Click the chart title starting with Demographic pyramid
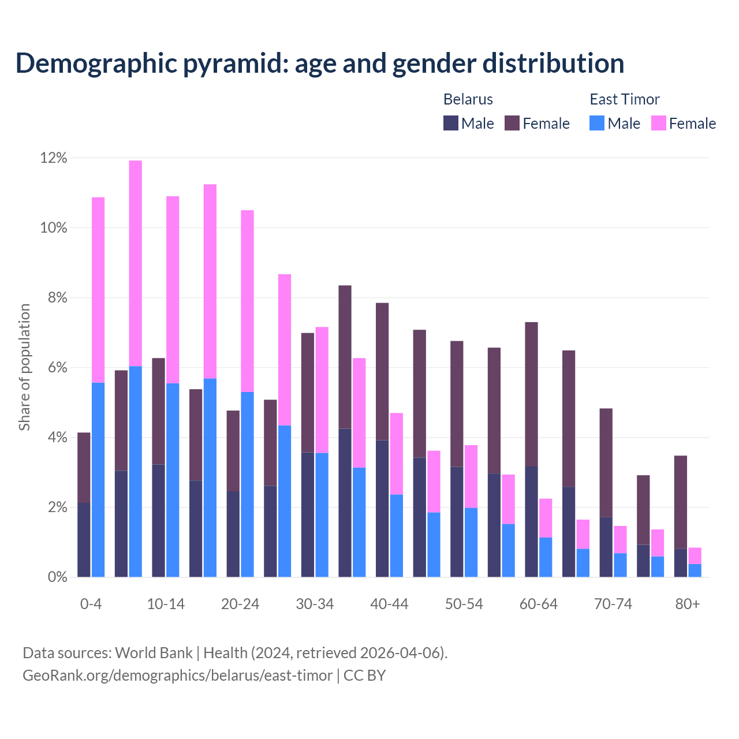319,63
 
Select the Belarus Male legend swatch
451,123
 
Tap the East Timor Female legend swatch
659,123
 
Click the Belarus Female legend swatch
512,123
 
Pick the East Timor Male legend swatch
597,123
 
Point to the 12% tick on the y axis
54,158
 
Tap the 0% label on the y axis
57,577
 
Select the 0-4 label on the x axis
91,604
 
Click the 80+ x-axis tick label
688,604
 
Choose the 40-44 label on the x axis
389,604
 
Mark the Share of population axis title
25,367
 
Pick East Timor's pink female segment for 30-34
322,390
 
